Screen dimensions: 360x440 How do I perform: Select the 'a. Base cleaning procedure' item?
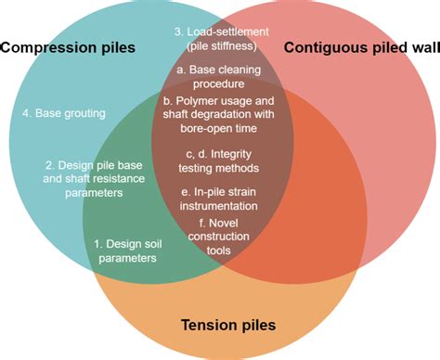pos(220,76)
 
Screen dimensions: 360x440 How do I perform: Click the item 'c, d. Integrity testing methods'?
pos(220,160)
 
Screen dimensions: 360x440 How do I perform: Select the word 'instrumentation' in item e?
pos(220,206)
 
